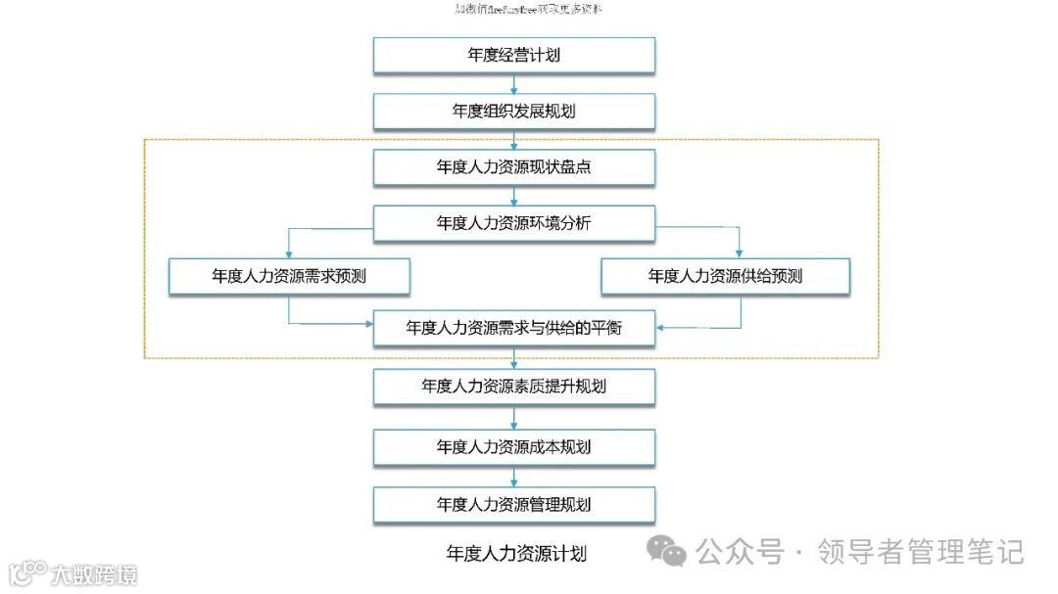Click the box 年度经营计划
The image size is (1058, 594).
513,56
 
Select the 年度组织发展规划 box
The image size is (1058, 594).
513,112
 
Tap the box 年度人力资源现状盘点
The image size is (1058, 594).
513,167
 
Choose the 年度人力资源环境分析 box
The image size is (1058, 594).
513,223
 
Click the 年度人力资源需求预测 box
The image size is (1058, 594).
288,277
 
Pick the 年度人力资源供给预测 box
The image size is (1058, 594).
725,277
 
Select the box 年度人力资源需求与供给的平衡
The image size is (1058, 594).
513,329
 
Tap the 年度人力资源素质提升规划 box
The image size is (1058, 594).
513,387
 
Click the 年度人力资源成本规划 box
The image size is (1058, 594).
513,447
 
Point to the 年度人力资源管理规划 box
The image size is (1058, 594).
513,505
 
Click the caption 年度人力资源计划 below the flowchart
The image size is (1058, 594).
516,554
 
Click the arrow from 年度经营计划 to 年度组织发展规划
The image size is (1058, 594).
513,84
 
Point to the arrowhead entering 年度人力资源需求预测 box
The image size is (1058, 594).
288,252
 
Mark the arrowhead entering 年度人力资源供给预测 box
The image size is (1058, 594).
740,252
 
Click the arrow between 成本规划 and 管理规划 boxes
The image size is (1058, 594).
513,477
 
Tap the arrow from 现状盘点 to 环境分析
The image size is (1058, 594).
513,196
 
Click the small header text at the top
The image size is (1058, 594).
529,10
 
